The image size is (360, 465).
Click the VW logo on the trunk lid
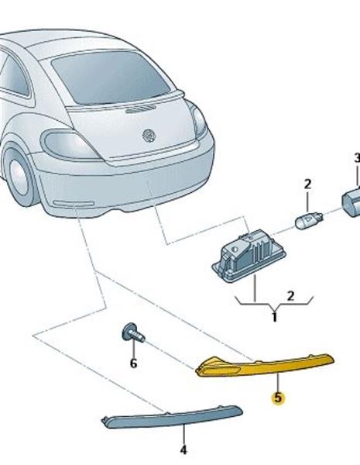coord(149,136)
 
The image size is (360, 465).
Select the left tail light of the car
coord(70,145)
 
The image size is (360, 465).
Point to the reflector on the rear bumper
coord(74,203)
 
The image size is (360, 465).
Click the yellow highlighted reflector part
coord(265,364)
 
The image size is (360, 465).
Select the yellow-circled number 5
coord(278,398)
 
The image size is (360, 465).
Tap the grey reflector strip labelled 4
coord(172,417)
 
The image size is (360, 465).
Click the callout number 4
coord(183,449)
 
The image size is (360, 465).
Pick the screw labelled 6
coord(132,333)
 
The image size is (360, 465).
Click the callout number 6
coord(134,363)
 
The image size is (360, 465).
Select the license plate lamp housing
coord(249,257)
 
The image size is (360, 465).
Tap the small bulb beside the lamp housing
coord(309,220)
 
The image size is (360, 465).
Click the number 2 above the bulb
coord(307,184)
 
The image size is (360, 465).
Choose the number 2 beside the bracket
coord(290,296)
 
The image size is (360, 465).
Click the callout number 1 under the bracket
coord(274,317)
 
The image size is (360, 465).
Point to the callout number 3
coord(357,158)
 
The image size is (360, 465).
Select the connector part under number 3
coord(351,201)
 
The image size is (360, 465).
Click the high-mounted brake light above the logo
coord(140,109)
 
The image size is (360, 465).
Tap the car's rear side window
coord(15,76)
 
